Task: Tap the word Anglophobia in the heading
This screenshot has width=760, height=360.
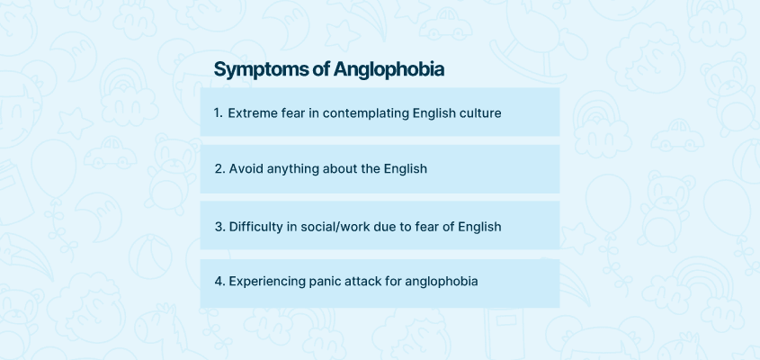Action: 389,69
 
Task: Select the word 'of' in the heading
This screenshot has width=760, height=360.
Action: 321,69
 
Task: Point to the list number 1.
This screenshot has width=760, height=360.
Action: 218,113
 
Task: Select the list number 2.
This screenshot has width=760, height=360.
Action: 220,169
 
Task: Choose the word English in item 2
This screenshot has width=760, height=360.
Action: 406,170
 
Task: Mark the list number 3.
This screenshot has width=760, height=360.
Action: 220,227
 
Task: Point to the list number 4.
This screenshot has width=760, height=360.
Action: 220,282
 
